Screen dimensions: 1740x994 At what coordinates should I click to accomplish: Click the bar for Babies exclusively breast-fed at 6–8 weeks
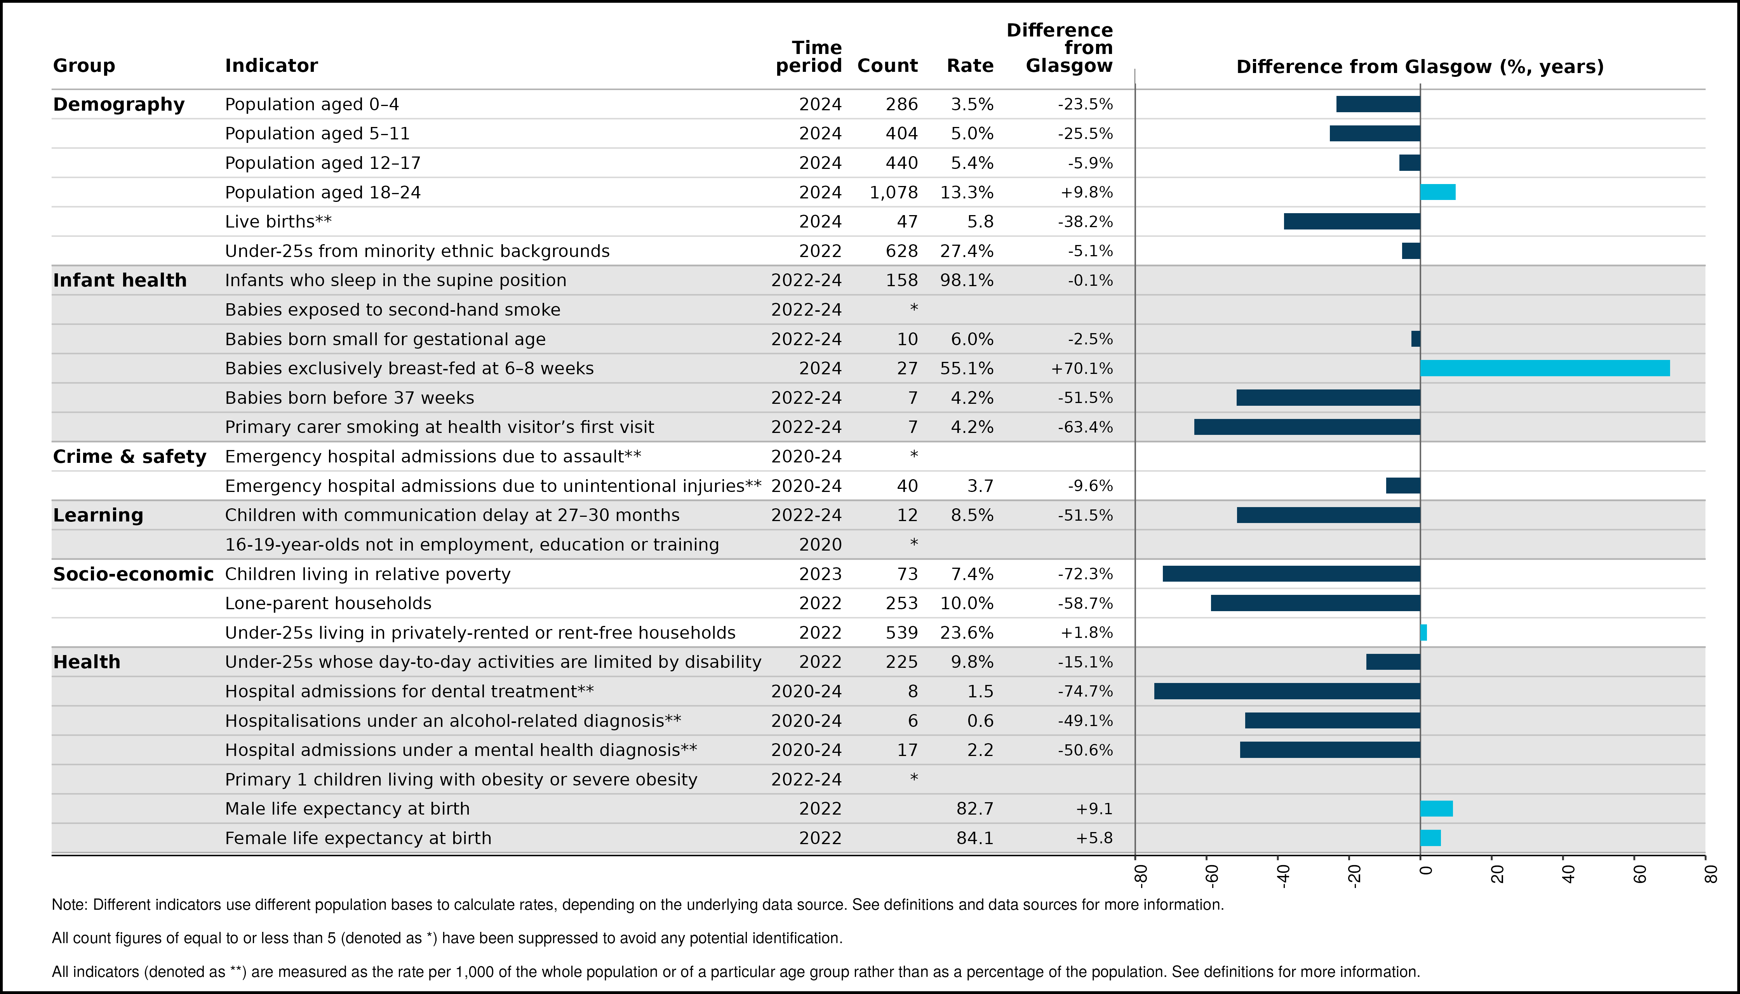[1545, 368]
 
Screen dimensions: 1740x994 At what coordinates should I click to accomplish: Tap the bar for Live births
[1352, 222]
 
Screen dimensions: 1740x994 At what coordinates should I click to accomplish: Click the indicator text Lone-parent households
[329, 603]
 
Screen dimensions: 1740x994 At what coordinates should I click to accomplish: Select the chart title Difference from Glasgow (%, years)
[1420, 67]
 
